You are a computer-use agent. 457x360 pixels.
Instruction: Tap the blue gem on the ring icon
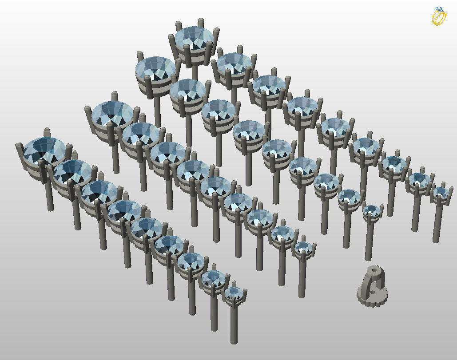[x=439, y=9]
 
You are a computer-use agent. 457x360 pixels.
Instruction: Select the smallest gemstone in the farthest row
[x=441, y=192]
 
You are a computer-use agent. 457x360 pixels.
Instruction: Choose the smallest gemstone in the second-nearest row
[x=304, y=246]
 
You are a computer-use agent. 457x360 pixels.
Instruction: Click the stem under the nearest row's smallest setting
[x=234, y=324]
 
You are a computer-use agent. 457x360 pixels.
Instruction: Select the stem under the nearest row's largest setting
[x=50, y=195]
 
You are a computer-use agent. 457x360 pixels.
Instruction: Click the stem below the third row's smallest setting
[x=368, y=240]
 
